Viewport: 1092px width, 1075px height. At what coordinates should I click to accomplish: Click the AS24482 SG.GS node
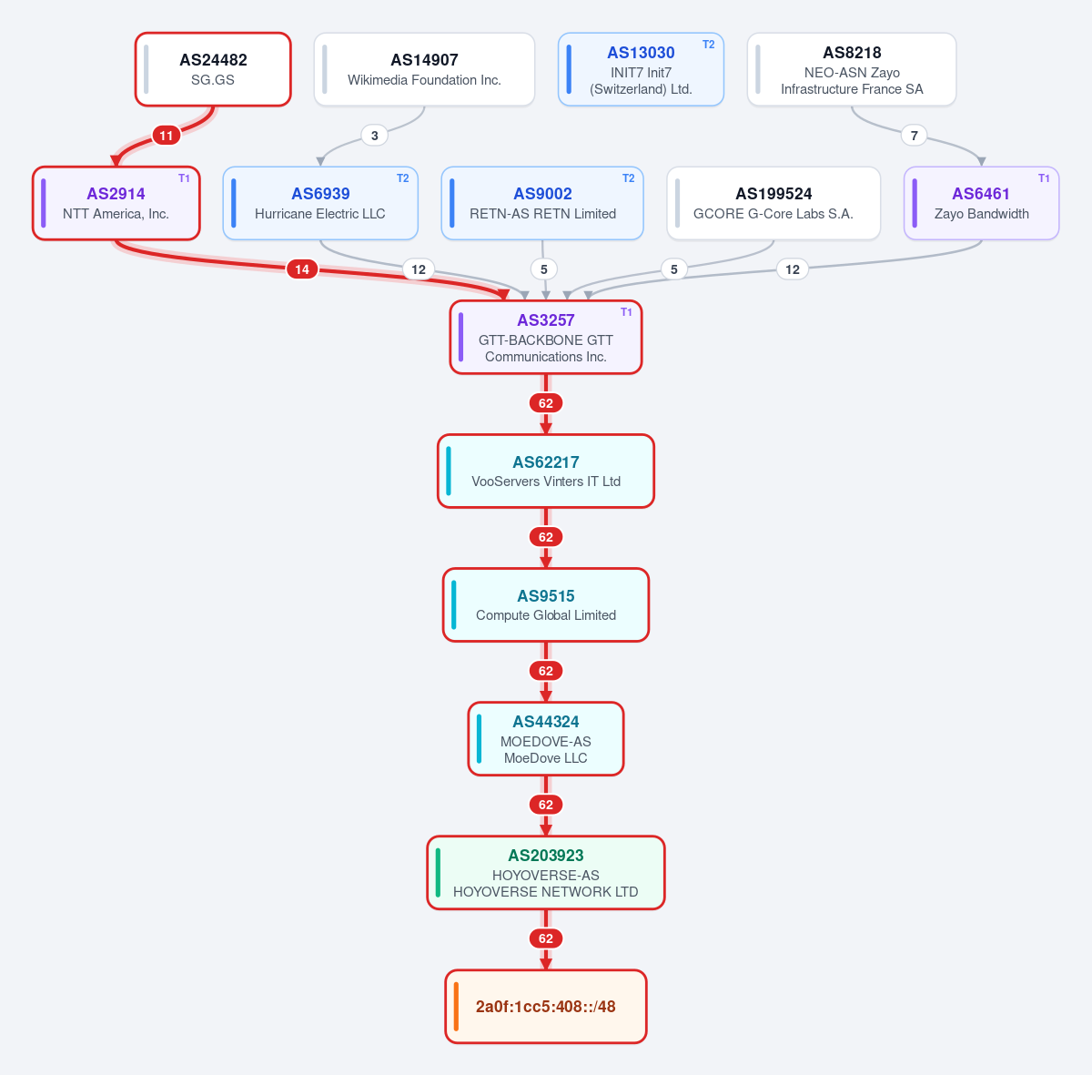(213, 69)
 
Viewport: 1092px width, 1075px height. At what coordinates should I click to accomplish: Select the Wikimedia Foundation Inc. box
(424, 69)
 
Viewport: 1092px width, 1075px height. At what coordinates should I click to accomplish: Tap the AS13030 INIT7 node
(641, 69)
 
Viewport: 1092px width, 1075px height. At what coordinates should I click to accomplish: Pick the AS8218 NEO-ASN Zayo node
(852, 69)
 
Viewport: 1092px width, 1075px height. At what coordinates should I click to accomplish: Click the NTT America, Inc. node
(116, 203)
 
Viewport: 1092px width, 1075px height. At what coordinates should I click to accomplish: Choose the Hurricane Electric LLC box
(320, 203)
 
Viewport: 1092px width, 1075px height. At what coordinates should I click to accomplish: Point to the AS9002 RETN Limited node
(542, 203)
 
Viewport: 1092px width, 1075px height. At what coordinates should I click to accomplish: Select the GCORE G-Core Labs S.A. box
(773, 203)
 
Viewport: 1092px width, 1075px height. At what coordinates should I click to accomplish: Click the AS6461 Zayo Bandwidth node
(982, 203)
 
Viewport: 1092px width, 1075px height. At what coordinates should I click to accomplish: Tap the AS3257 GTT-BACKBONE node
(546, 337)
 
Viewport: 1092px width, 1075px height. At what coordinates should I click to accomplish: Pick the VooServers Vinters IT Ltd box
(546, 471)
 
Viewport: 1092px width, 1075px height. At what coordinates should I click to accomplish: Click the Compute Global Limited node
(546, 604)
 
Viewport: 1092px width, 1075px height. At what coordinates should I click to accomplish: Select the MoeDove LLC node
(546, 738)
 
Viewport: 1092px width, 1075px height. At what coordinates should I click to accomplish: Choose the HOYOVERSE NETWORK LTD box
(546, 872)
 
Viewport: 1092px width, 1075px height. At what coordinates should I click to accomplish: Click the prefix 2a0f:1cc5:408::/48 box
(546, 1006)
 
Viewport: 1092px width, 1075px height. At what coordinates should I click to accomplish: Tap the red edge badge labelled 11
(166, 136)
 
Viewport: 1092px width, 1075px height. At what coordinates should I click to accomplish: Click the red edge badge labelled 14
(302, 269)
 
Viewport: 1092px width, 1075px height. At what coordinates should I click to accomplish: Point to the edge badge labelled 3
(375, 136)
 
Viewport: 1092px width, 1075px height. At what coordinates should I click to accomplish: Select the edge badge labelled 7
(914, 136)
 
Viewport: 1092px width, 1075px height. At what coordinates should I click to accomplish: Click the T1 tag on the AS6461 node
(1044, 178)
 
